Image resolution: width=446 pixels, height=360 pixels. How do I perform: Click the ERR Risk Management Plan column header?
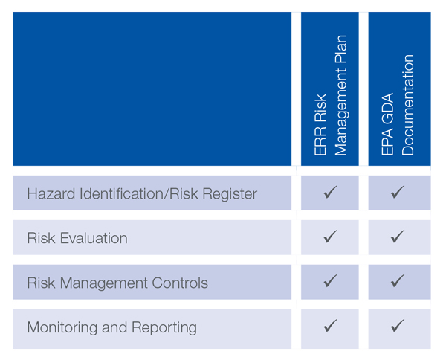(330, 95)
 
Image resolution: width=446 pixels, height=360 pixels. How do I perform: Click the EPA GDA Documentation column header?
(398, 105)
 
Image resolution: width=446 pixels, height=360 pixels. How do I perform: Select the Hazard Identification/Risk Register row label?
(142, 193)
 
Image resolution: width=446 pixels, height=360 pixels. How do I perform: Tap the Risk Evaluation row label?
(77, 238)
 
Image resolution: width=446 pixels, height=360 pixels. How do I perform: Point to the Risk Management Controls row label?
(117, 283)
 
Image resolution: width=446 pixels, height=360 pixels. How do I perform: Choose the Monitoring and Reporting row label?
(111, 327)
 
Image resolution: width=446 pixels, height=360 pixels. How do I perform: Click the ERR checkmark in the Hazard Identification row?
(330, 192)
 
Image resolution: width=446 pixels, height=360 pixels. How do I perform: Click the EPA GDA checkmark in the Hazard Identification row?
(398, 192)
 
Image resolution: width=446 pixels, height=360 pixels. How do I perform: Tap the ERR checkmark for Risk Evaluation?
(330, 237)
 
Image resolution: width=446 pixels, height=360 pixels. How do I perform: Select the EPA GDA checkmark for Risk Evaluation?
(398, 237)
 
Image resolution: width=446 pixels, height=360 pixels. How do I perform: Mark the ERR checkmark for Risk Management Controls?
(330, 281)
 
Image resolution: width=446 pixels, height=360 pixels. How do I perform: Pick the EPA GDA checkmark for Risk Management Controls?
(398, 281)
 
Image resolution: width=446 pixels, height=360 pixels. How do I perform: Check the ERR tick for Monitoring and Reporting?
(330, 326)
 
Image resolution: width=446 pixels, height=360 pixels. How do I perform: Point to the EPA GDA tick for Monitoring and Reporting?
(398, 326)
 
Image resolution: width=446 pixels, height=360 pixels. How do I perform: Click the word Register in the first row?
(230, 194)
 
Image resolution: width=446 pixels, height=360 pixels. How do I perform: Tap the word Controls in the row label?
(180, 283)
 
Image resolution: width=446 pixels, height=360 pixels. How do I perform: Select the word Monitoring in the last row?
(62, 327)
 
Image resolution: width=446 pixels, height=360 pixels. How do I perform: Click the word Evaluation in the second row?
(94, 238)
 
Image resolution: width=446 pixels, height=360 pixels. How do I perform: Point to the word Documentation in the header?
(407, 105)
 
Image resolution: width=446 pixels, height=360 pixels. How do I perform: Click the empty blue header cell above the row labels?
(152, 89)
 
